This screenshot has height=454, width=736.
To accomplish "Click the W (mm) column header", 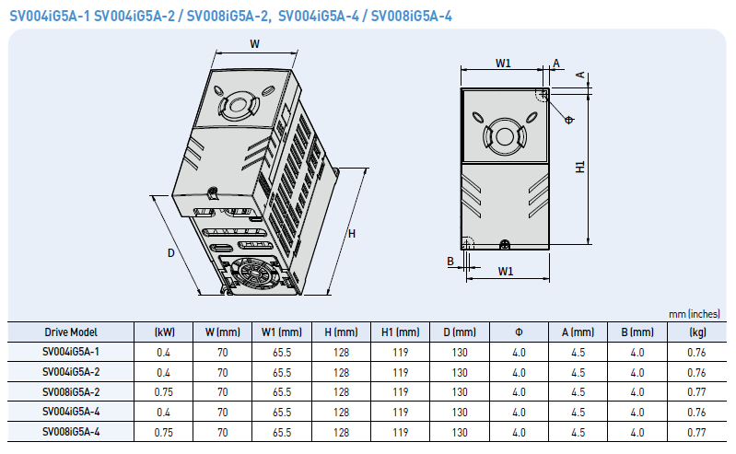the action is [223, 332].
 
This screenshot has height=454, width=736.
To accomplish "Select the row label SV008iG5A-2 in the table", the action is [71, 392].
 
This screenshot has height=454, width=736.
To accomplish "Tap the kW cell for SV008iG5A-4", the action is [163, 433].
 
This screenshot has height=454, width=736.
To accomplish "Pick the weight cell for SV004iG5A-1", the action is [696, 352].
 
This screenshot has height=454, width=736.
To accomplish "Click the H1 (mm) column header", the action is [401, 332].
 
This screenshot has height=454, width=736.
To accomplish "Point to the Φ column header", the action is [519, 332].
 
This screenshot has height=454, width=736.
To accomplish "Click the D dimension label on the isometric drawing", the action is [170, 253].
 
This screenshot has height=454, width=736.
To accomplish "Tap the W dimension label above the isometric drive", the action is [254, 44].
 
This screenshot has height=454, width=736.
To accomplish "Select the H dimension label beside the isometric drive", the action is [352, 233].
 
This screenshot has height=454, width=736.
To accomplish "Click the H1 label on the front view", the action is [580, 167].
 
